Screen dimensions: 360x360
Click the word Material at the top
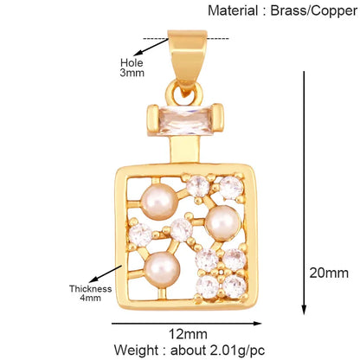pyautogui.click(x=233, y=11)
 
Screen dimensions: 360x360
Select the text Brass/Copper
pyautogui.click(x=314, y=11)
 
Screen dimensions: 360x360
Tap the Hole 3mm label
pyautogui.click(x=132, y=67)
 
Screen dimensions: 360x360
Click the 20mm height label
pyautogui.click(x=329, y=273)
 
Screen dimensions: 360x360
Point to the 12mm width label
pyautogui.click(x=188, y=334)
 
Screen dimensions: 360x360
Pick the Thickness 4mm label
pyautogui.click(x=90, y=293)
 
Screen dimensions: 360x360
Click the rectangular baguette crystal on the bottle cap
pyautogui.click(x=186, y=120)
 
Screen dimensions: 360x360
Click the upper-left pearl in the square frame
pyautogui.click(x=159, y=202)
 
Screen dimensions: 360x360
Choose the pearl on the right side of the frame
pyautogui.click(x=222, y=223)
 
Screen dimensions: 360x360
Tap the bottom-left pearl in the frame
pyautogui.click(x=162, y=269)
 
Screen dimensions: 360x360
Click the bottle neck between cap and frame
pyautogui.click(x=185, y=150)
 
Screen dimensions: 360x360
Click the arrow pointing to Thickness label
pyautogui.click(x=106, y=274)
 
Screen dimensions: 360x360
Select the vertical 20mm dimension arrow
pyautogui.click(x=304, y=193)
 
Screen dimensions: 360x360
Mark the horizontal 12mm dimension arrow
pyautogui.click(x=186, y=324)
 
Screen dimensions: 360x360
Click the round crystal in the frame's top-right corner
pyautogui.click(x=231, y=188)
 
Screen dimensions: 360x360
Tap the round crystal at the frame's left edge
pyautogui.click(x=140, y=235)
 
